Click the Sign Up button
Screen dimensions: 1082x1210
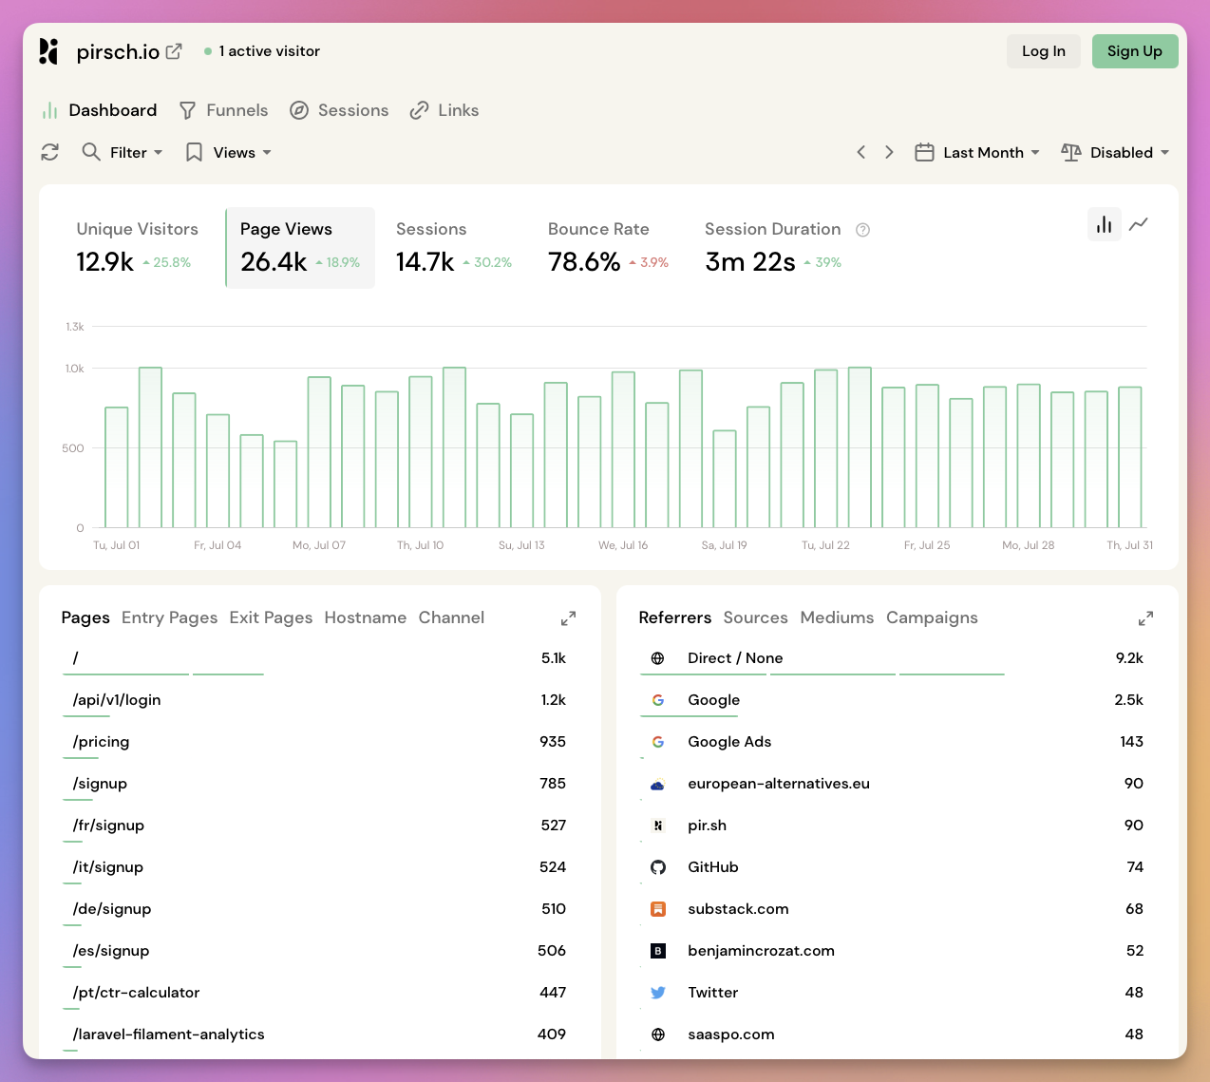(x=1134, y=51)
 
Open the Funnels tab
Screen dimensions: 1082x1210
(x=224, y=110)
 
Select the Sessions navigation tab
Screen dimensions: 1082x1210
(x=339, y=110)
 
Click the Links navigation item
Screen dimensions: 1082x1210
(x=444, y=110)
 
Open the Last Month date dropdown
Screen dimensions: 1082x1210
(x=977, y=152)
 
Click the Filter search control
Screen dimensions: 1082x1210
(x=122, y=152)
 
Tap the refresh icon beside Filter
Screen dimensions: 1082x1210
(x=50, y=152)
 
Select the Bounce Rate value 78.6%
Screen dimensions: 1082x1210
(x=584, y=262)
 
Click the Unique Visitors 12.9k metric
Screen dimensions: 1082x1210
(x=105, y=262)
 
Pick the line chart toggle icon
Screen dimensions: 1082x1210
(x=1139, y=224)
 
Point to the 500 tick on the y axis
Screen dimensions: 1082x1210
(x=73, y=447)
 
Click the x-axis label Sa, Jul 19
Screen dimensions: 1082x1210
(x=724, y=545)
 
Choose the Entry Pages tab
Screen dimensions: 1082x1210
(x=169, y=617)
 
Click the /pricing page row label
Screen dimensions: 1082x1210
(x=101, y=742)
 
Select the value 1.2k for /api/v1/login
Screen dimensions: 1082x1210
(x=553, y=700)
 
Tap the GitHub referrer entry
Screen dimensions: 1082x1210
(x=712, y=867)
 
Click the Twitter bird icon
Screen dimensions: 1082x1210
(x=657, y=993)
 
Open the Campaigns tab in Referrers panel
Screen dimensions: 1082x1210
(x=931, y=617)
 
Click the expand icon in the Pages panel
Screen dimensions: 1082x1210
(x=568, y=618)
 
